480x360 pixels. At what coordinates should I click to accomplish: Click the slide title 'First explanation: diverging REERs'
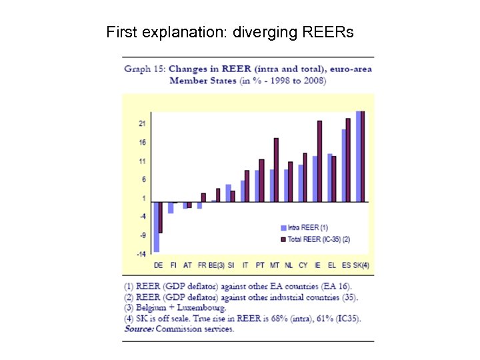[x=230, y=31]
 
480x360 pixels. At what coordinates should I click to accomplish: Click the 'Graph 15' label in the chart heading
[x=145, y=69]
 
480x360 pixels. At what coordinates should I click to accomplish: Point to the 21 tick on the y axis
[x=142, y=124]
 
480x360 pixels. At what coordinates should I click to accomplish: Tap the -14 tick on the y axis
[x=141, y=254]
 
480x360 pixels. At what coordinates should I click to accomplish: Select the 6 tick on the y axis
[x=143, y=180]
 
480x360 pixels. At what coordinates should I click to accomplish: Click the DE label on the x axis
[x=157, y=265]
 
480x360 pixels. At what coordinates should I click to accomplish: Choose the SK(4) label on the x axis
[x=361, y=265]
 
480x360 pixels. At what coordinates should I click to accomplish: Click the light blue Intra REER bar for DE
[x=156, y=227]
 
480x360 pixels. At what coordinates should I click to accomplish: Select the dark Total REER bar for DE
[x=161, y=217]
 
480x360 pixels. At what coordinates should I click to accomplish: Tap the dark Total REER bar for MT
[x=276, y=169]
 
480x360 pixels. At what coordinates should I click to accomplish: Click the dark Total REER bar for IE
[x=319, y=161]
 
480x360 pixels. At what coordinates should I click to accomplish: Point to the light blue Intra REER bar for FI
[x=171, y=207]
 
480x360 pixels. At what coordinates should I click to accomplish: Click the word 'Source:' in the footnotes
[x=140, y=329]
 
